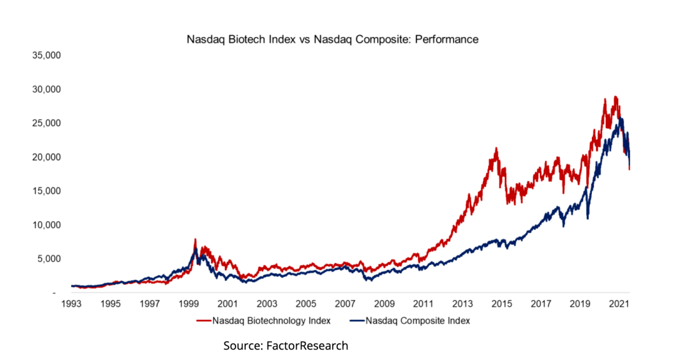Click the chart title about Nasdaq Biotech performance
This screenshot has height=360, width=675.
[x=332, y=39]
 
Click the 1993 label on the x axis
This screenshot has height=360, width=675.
[x=71, y=304]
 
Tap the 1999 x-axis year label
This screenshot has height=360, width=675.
[x=189, y=304]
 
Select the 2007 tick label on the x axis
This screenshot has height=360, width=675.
[x=345, y=304]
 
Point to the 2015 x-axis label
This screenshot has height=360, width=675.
[x=501, y=304]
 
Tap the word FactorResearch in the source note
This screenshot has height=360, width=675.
[x=307, y=346]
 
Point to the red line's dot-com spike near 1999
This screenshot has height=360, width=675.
[x=195, y=239]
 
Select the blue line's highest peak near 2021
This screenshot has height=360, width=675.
[x=621, y=119]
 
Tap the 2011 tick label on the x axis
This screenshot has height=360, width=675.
[x=423, y=304]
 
